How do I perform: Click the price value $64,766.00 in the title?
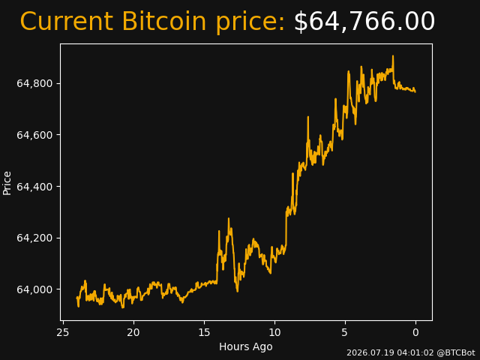(x=364, y=22)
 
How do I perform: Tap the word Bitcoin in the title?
(x=164, y=21)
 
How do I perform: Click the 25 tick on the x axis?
(x=63, y=332)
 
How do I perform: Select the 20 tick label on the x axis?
(x=133, y=332)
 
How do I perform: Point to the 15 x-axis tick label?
(x=204, y=332)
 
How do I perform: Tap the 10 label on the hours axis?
(x=274, y=332)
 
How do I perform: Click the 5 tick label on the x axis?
(x=345, y=332)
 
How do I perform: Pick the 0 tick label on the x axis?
(x=415, y=332)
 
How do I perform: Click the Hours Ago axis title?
(x=246, y=346)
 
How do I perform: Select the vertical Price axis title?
(x=7, y=183)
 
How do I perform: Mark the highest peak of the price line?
(x=393, y=55)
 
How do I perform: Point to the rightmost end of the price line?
(x=415, y=91)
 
